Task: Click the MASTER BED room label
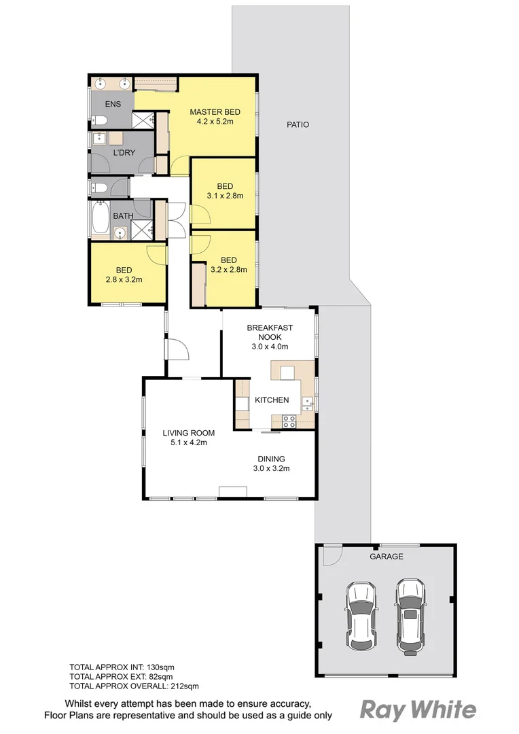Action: coord(211,112)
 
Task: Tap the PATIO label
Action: coord(298,124)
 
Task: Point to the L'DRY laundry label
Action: coord(124,153)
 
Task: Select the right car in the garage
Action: coord(410,614)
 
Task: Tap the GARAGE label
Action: coord(386,556)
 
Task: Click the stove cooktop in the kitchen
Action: coord(289,421)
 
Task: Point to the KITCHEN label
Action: coord(272,400)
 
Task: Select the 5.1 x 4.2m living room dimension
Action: coord(188,442)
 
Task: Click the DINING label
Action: coord(271,459)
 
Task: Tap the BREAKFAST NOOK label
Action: coord(270,332)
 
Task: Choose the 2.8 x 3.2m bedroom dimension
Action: coord(124,279)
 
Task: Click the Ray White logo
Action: coord(417,710)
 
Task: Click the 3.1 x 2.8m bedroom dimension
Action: coord(225,196)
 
